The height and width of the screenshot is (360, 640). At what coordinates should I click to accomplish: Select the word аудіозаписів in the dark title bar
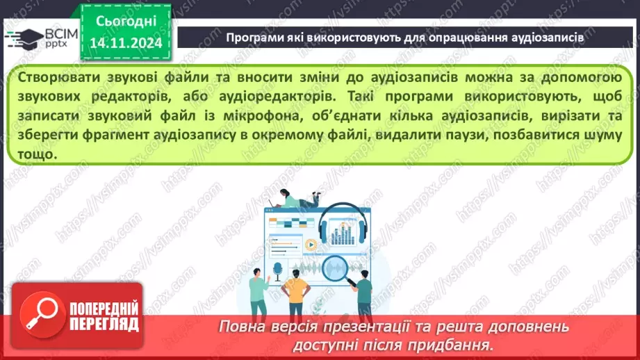click(x=548, y=38)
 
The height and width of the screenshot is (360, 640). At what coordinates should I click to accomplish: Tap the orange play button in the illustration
click(x=310, y=244)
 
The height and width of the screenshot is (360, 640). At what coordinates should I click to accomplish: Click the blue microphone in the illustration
click(x=278, y=268)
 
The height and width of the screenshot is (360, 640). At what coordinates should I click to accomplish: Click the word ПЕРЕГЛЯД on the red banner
click(x=104, y=323)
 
